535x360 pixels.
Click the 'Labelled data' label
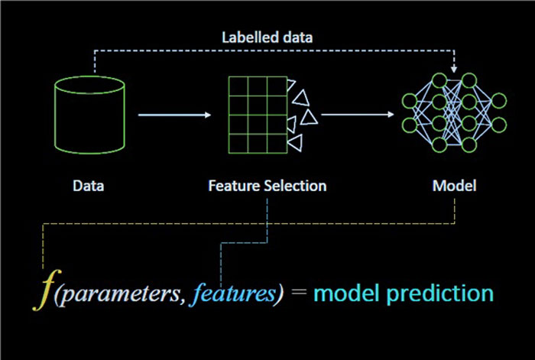tap(267, 37)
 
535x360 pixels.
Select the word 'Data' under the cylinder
tap(89, 186)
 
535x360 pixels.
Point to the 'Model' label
tap(454, 186)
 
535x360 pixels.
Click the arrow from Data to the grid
tap(174, 115)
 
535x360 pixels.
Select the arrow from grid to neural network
tap(358, 115)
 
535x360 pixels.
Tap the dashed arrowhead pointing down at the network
tap(454, 70)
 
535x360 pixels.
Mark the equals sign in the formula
tap(300, 293)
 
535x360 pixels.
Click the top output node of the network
tap(499, 101)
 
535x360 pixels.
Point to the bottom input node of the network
tap(410, 125)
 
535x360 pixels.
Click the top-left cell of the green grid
tap(238, 86)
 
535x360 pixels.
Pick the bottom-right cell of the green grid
tap(277, 144)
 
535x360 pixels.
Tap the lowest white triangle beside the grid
tap(297, 142)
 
